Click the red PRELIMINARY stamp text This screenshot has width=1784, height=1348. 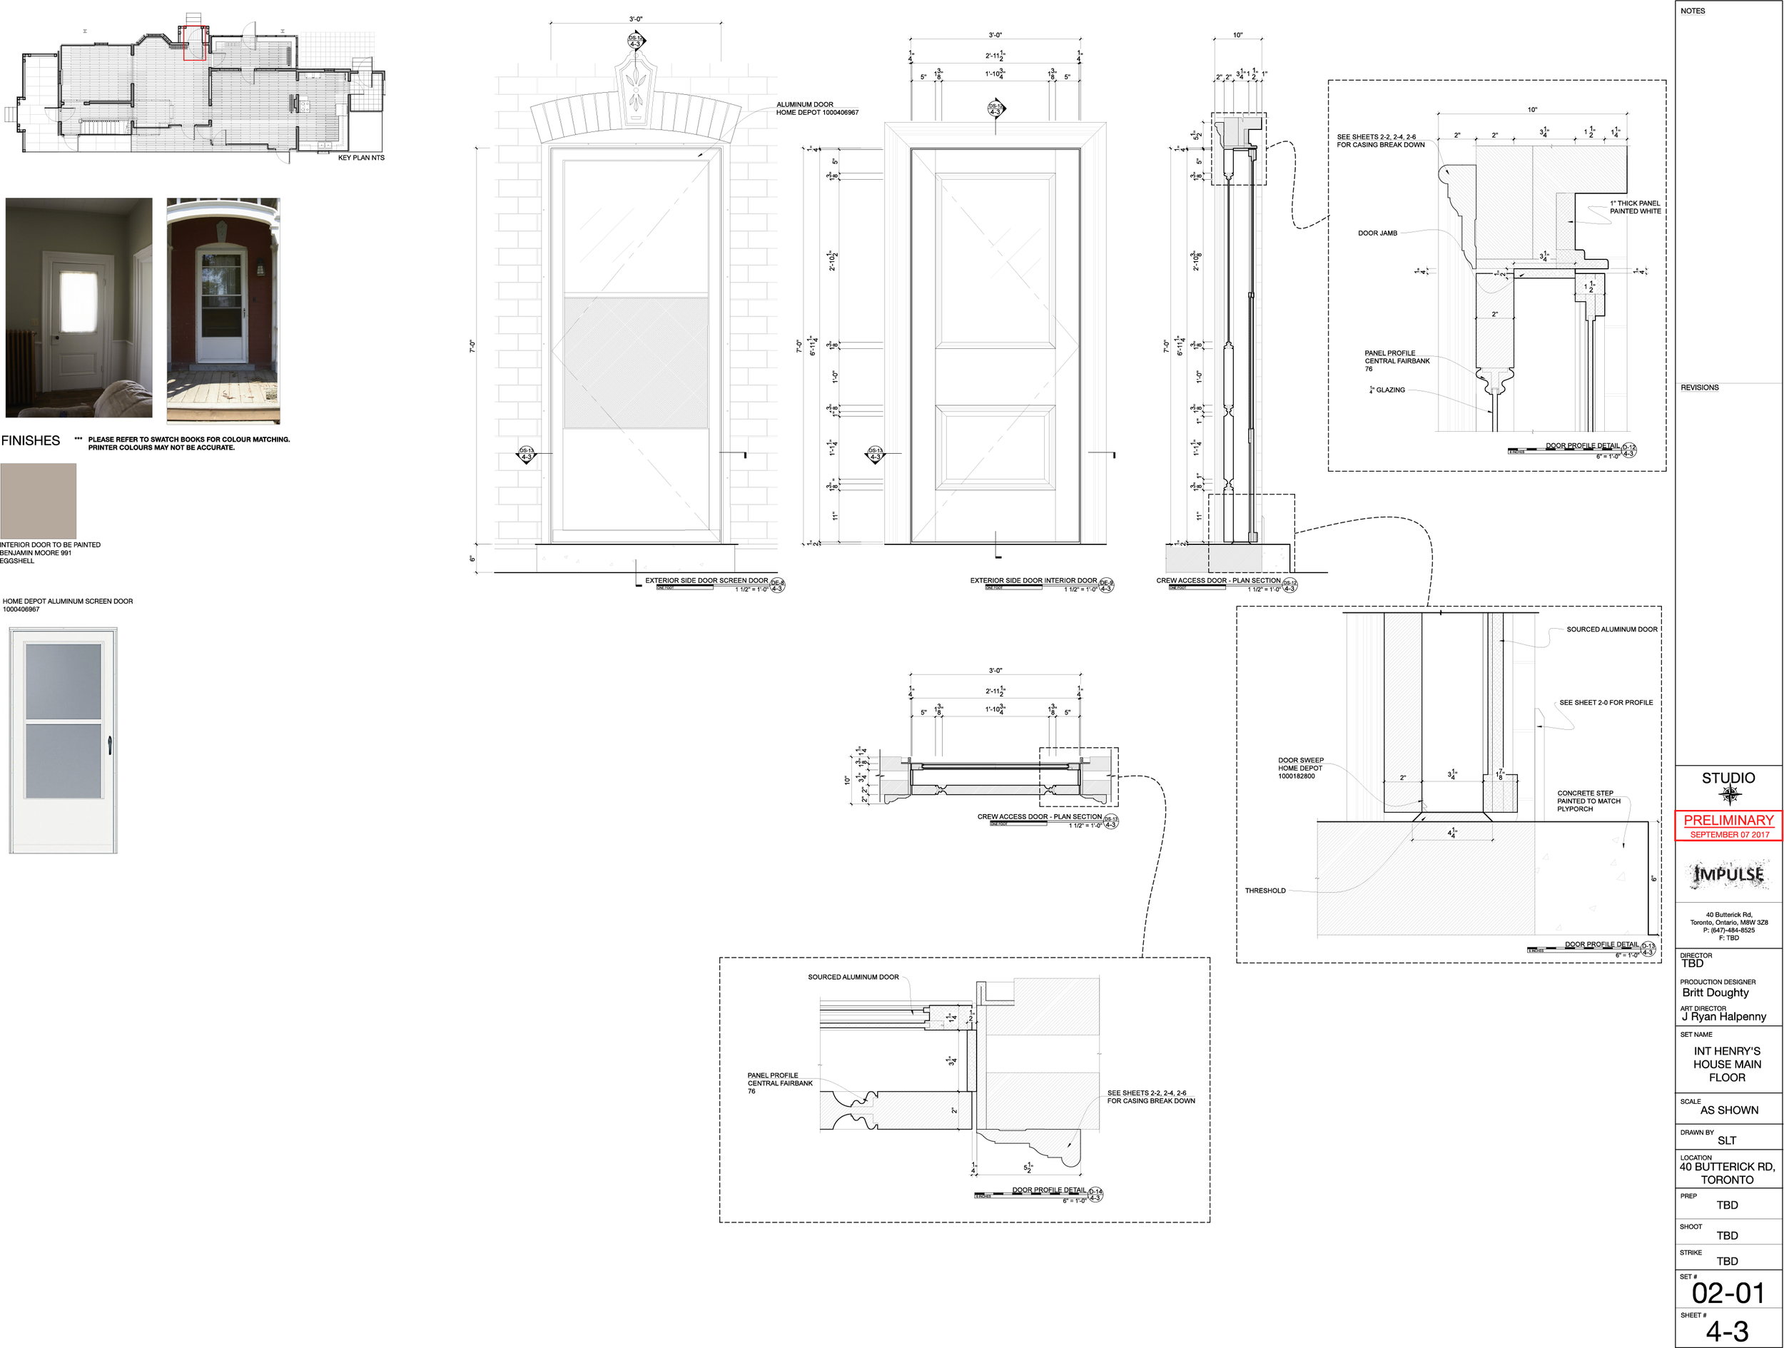(1728, 820)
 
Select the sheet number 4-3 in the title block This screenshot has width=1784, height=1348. (1727, 1331)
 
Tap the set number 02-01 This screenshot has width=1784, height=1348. (1728, 1293)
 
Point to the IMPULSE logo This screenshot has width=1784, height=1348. (1728, 874)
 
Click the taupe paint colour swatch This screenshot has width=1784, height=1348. (38, 500)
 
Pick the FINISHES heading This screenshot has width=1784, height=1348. (31, 440)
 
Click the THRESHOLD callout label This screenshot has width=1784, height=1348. (1264, 891)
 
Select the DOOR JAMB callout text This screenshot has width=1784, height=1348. (1377, 233)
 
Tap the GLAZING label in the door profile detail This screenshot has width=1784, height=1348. (1389, 390)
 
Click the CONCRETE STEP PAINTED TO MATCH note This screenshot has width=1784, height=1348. (1588, 801)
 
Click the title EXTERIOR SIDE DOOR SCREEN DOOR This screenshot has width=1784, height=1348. (706, 581)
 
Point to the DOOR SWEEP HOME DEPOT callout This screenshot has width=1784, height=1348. (1300, 768)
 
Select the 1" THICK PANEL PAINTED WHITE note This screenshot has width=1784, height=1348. (1635, 208)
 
